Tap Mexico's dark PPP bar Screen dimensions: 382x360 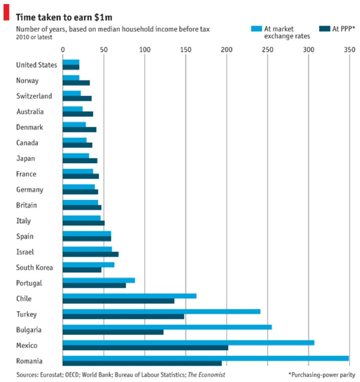[x=145, y=348]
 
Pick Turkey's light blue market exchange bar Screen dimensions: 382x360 [x=161, y=311]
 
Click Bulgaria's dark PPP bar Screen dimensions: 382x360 [x=113, y=332]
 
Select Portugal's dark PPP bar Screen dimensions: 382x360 [x=94, y=285]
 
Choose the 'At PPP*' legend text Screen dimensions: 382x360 [x=344, y=29]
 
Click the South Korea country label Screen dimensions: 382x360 [x=35, y=267]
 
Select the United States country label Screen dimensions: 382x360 [x=37, y=65]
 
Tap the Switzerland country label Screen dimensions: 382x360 [x=34, y=96]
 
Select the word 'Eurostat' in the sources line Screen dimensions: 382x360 [x=54, y=375]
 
